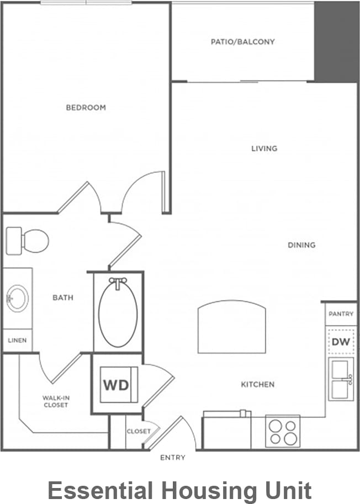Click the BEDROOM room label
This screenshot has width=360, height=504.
click(86, 108)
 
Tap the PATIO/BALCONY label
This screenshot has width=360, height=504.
click(242, 41)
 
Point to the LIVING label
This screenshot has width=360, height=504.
click(264, 148)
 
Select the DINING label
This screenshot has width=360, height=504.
click(301, 245)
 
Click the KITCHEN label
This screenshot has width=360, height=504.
click(257, 384)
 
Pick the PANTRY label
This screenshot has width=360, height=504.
click(341, 314)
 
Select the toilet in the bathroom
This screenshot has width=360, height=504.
click(28, 241)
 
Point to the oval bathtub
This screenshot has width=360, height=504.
click(118, 314)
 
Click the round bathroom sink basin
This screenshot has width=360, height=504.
click(17, 299)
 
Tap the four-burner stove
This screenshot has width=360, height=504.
click(282, 431)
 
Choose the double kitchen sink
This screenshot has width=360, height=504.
click(341, 379)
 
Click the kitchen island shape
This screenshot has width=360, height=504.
click(232, 327)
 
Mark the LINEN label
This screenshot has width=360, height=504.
click(17, 341)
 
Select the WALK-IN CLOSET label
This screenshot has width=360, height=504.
click(55, 401)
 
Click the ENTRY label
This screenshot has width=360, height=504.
click(172, 458)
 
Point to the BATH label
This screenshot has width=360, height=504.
click(63, 298)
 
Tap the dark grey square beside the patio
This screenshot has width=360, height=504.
click(336, 42)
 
